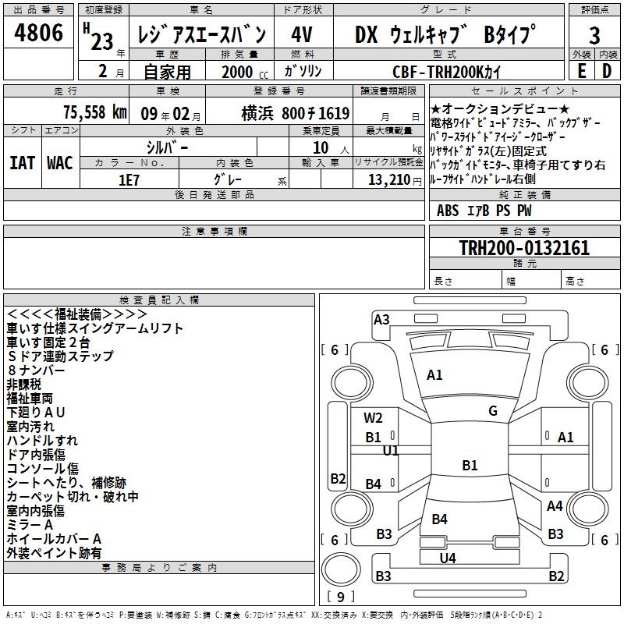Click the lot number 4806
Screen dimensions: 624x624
tap(39, 34)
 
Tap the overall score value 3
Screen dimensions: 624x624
tap(594, 35)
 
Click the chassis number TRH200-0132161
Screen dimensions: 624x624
tap(524, 248)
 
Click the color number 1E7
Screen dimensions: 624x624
tap(129, 178)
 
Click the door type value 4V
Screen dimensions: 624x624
tap(301, 35)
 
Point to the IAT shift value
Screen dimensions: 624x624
tap(22, 162)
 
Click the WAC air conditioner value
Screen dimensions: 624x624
tap(60, 162)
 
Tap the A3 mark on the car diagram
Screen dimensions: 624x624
tap(381, 319)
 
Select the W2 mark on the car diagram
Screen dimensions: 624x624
tap(373, 417)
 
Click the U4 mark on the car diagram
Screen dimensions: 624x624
tap(447, 558)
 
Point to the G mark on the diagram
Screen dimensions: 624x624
tap(492, 411)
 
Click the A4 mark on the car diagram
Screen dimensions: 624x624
tap(555, 506)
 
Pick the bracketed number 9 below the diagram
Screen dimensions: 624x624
tap(341, 597)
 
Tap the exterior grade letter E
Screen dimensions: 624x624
tap(581, 70)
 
